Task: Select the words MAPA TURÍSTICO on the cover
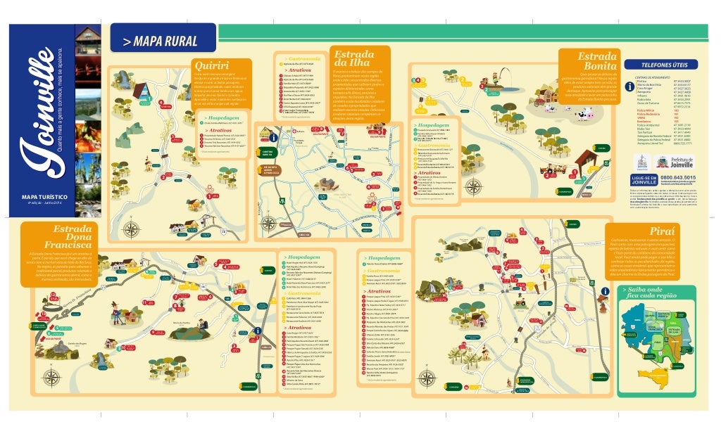click(44, 198)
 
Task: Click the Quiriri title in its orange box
click(211, 66)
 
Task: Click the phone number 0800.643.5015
click(678, 178)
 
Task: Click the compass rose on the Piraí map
click(427, 378)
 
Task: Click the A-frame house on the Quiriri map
click(141, 90)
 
